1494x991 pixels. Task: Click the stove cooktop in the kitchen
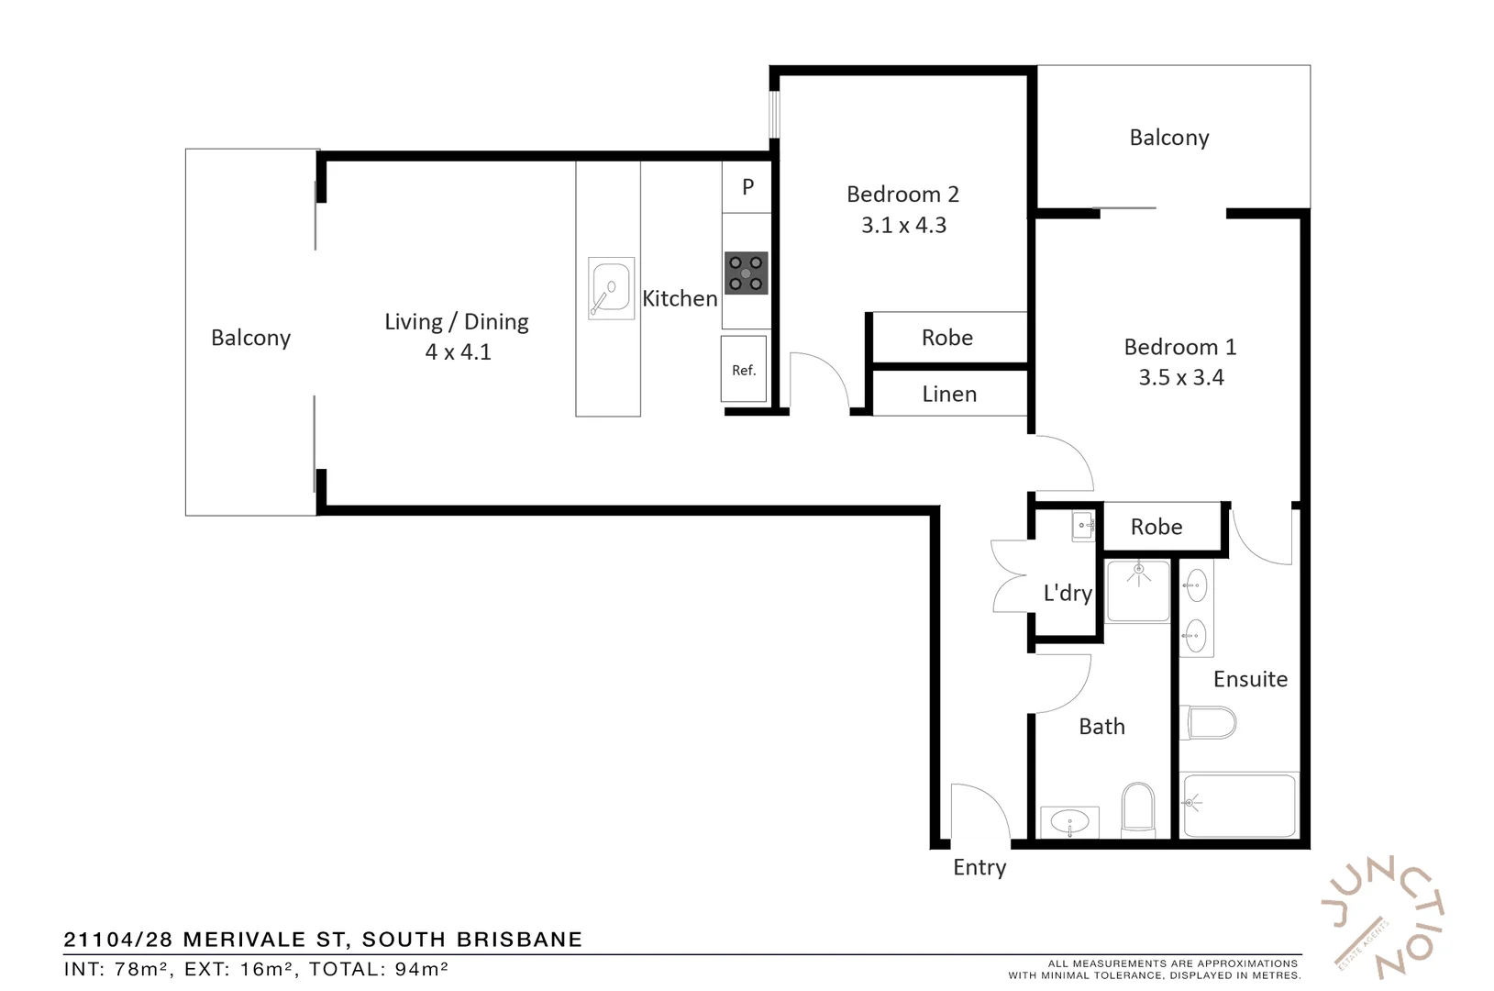tap(746, 273)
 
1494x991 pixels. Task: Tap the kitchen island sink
tap(610, 289)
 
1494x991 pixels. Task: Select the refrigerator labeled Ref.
tap(744, 370)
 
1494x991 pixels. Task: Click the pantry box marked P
tap(747, 187)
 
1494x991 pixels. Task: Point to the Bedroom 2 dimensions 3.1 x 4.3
tap(903, 226)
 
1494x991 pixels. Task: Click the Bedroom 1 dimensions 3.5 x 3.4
tap(1180, 378)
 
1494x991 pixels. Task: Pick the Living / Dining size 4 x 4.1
tap(458, 352)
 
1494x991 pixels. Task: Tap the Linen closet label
tap(949, 395)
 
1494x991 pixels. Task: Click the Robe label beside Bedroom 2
tap(946, 338)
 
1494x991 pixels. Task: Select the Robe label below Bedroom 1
tap(1156, 528)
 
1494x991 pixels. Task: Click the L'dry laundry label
tap(1068, 593)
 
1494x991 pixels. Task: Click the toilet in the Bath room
tap(1138, 809)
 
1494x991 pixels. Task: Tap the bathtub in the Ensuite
tap(1239, 805)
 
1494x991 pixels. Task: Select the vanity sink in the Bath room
tap(1069, 821)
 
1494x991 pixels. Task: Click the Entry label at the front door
tap(979, 868)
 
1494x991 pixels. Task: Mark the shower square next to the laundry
tap(1137, 591)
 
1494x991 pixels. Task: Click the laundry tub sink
tap(1083, 528)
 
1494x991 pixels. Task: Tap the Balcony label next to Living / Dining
tap(250, 339)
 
